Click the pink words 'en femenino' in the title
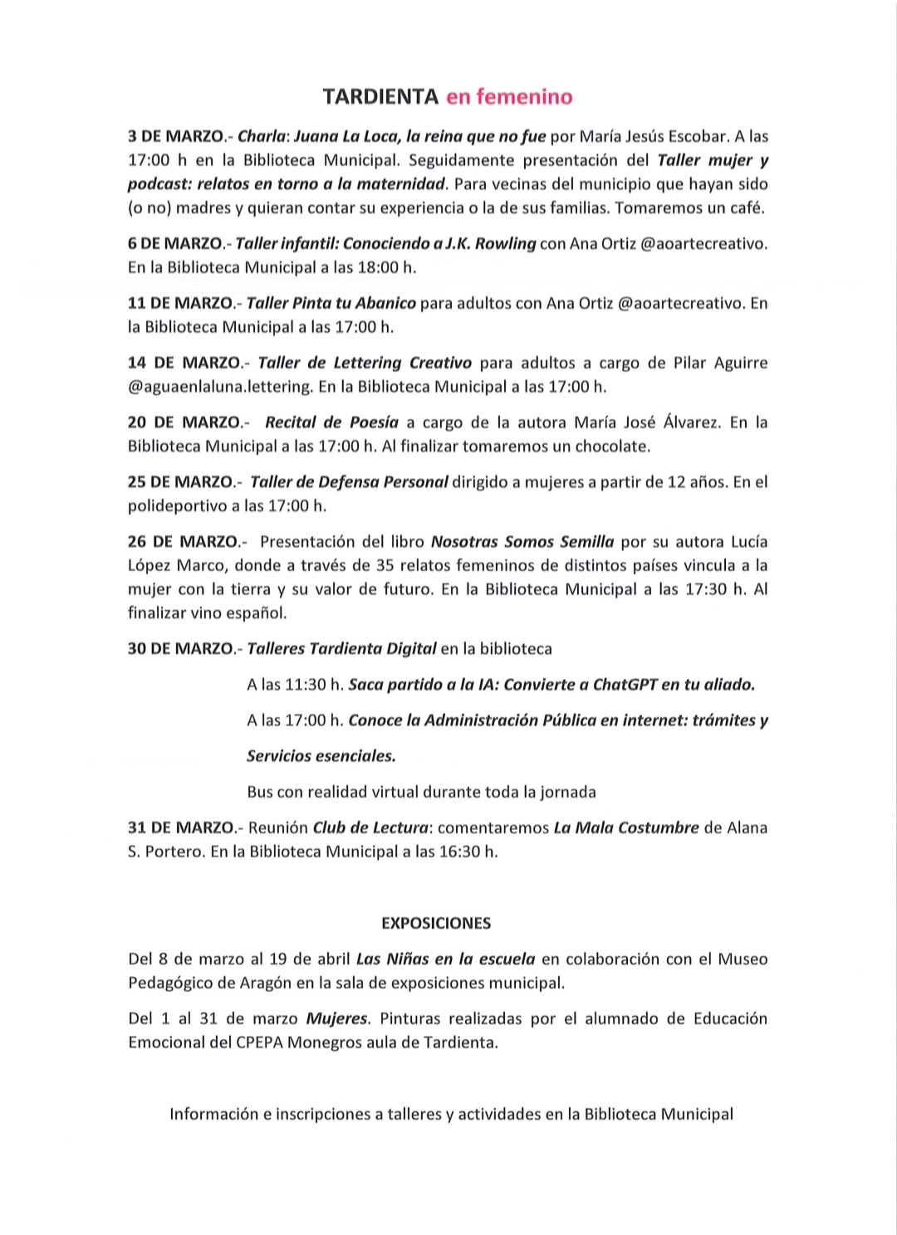(x=509, y=97)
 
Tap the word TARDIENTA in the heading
(x=381, y=97)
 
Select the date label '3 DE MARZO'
(x=176, y=136)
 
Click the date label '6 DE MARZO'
(x=176, y=244)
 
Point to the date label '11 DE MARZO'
(x=180, y=304)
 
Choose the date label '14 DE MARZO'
(x=184, y=364)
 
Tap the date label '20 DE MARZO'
(x=184, y=423)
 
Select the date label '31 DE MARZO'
(x=181, y=828)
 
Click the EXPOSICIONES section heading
(x=436, y=924)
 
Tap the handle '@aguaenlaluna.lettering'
(x=221, y=387)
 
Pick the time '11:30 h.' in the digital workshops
(x=315, y=686)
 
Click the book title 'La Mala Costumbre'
(x=626, y=828)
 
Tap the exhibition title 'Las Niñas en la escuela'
(x=445, y=959)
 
